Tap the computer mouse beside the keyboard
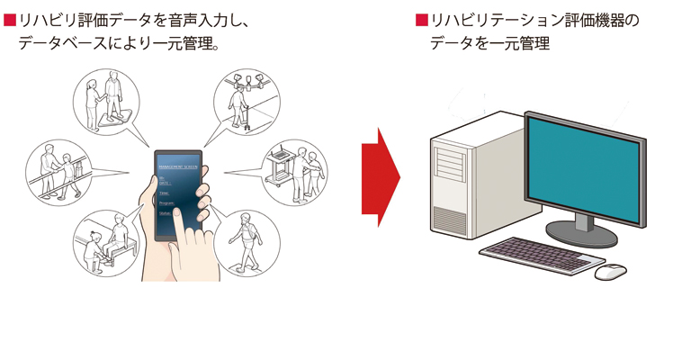[x=610, y=269]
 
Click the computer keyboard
[x=539, y=255]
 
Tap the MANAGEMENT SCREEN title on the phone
[x=181, y=166]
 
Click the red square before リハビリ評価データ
[x=9, y=20]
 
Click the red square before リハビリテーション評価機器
[x=420, y=20]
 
